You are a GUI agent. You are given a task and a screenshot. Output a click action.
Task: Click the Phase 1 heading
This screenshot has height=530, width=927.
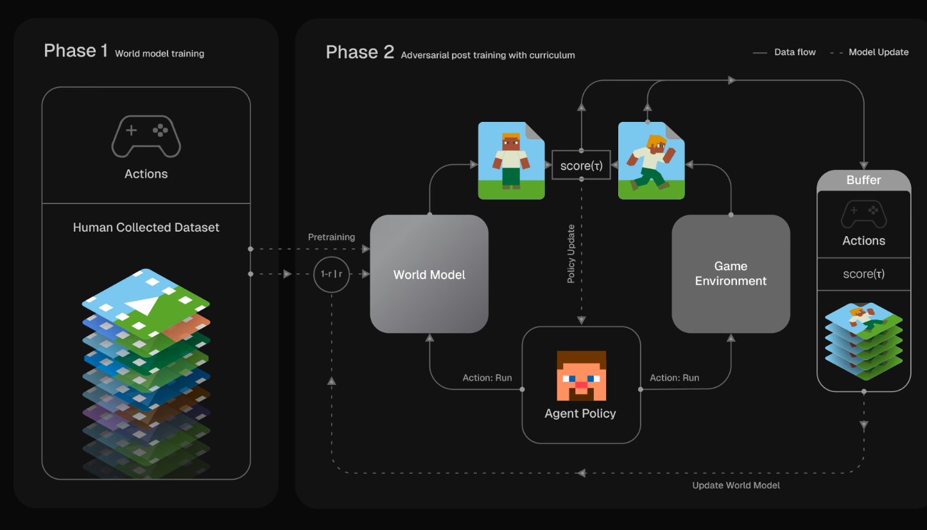tap(76, 51)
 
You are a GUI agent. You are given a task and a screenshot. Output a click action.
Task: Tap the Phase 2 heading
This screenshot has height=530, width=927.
tap(360, 52)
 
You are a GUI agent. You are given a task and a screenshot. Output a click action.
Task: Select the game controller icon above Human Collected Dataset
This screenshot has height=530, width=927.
tap(146, 136)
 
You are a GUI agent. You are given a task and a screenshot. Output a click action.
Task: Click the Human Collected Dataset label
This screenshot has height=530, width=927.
tap(146, 227)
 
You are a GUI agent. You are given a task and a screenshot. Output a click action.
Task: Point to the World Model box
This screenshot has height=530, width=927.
tap(429, 274)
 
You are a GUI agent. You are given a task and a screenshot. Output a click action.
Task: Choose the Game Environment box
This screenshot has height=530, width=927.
tap(731, 274)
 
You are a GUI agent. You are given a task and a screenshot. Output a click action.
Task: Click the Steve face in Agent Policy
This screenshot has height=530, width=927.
tap(582, 375)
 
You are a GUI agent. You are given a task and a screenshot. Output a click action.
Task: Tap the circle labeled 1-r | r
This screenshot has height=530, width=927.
tap(331, 275)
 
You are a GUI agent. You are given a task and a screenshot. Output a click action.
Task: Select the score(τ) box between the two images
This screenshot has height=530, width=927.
tap(581, 165)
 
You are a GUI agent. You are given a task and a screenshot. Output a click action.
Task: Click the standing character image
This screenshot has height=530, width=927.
tap(512, 160)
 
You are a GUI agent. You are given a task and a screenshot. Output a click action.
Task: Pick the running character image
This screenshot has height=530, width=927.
tap(652, 160)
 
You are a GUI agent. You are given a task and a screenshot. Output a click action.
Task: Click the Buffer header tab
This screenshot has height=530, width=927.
tap(863, 180)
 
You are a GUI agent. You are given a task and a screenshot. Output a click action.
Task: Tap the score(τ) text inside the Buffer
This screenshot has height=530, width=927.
tap(863, 274)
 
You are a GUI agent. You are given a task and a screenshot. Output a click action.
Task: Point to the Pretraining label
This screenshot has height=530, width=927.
tap(331, 237)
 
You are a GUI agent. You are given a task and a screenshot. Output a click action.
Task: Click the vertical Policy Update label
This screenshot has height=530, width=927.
tap(571, 253)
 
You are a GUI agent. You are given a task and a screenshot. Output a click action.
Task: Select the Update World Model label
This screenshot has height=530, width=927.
tap(736, 485)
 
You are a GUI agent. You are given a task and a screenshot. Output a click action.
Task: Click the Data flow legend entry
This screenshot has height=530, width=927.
tap(784, 53)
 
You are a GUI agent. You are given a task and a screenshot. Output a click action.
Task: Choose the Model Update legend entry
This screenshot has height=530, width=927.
tap(869, 53)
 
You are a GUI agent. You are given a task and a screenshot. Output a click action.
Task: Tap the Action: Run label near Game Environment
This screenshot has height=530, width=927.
tap(675, 378)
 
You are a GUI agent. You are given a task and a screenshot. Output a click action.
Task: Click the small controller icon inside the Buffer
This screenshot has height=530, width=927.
tap(863, 214)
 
